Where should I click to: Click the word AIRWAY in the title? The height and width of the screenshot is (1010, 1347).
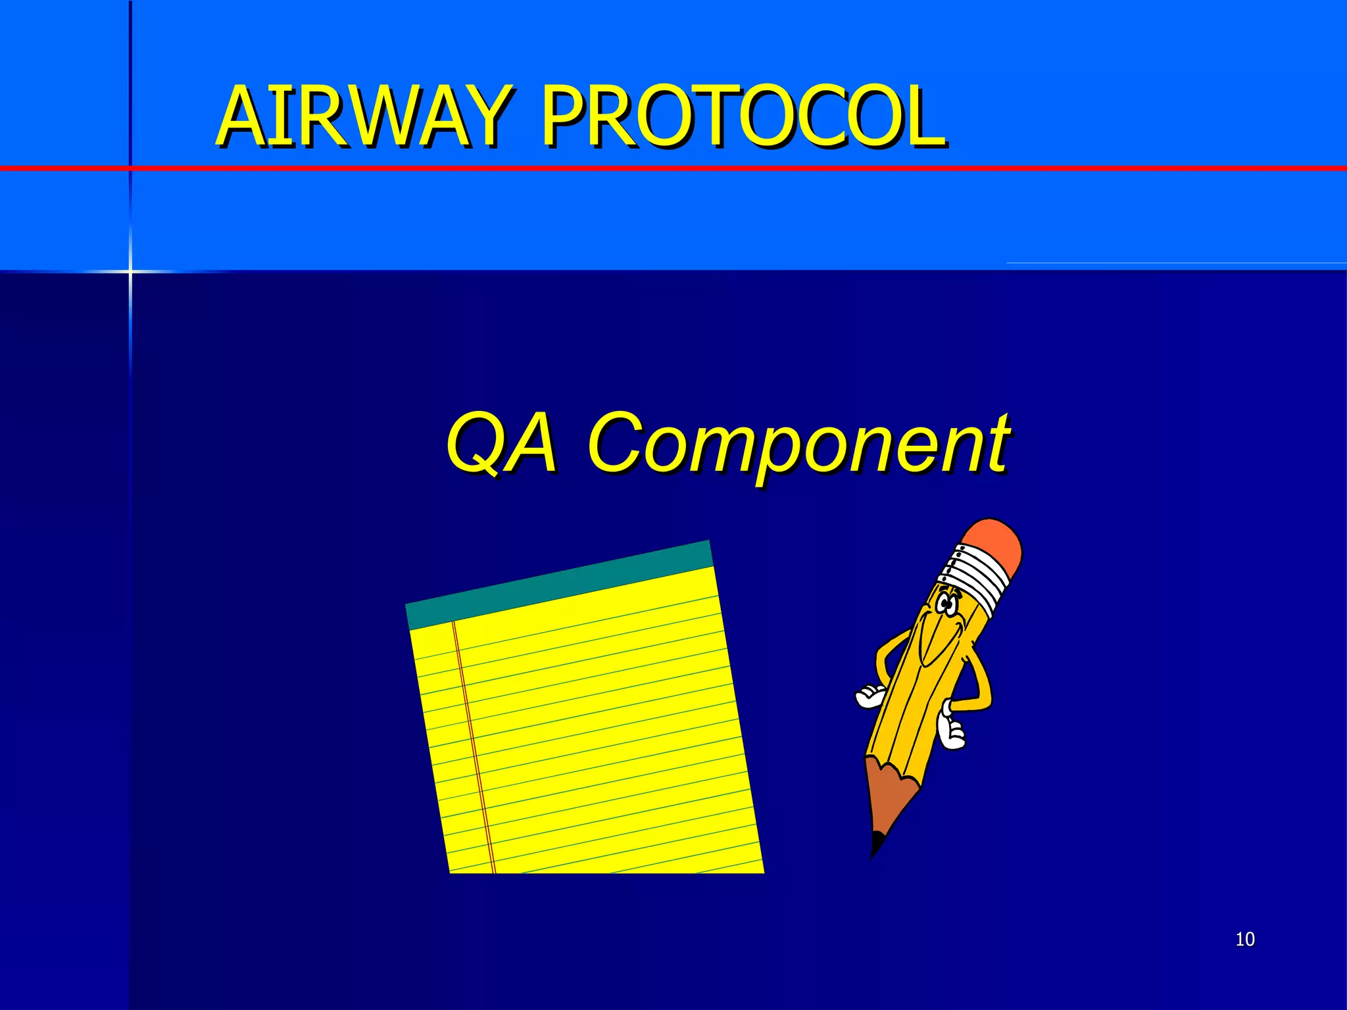pyautogui.click(x=362, y=117)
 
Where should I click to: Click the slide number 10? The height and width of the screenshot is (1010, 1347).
pyautogui.click(x=1245, y=939)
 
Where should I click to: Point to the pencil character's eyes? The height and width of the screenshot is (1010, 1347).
pyautogui.click(x=947, y=604)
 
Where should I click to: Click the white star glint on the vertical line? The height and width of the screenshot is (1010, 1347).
pyautogui.click(x=130, y=271)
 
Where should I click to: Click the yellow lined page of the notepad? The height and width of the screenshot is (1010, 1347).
pyautogui.click(x=592, y=723)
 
